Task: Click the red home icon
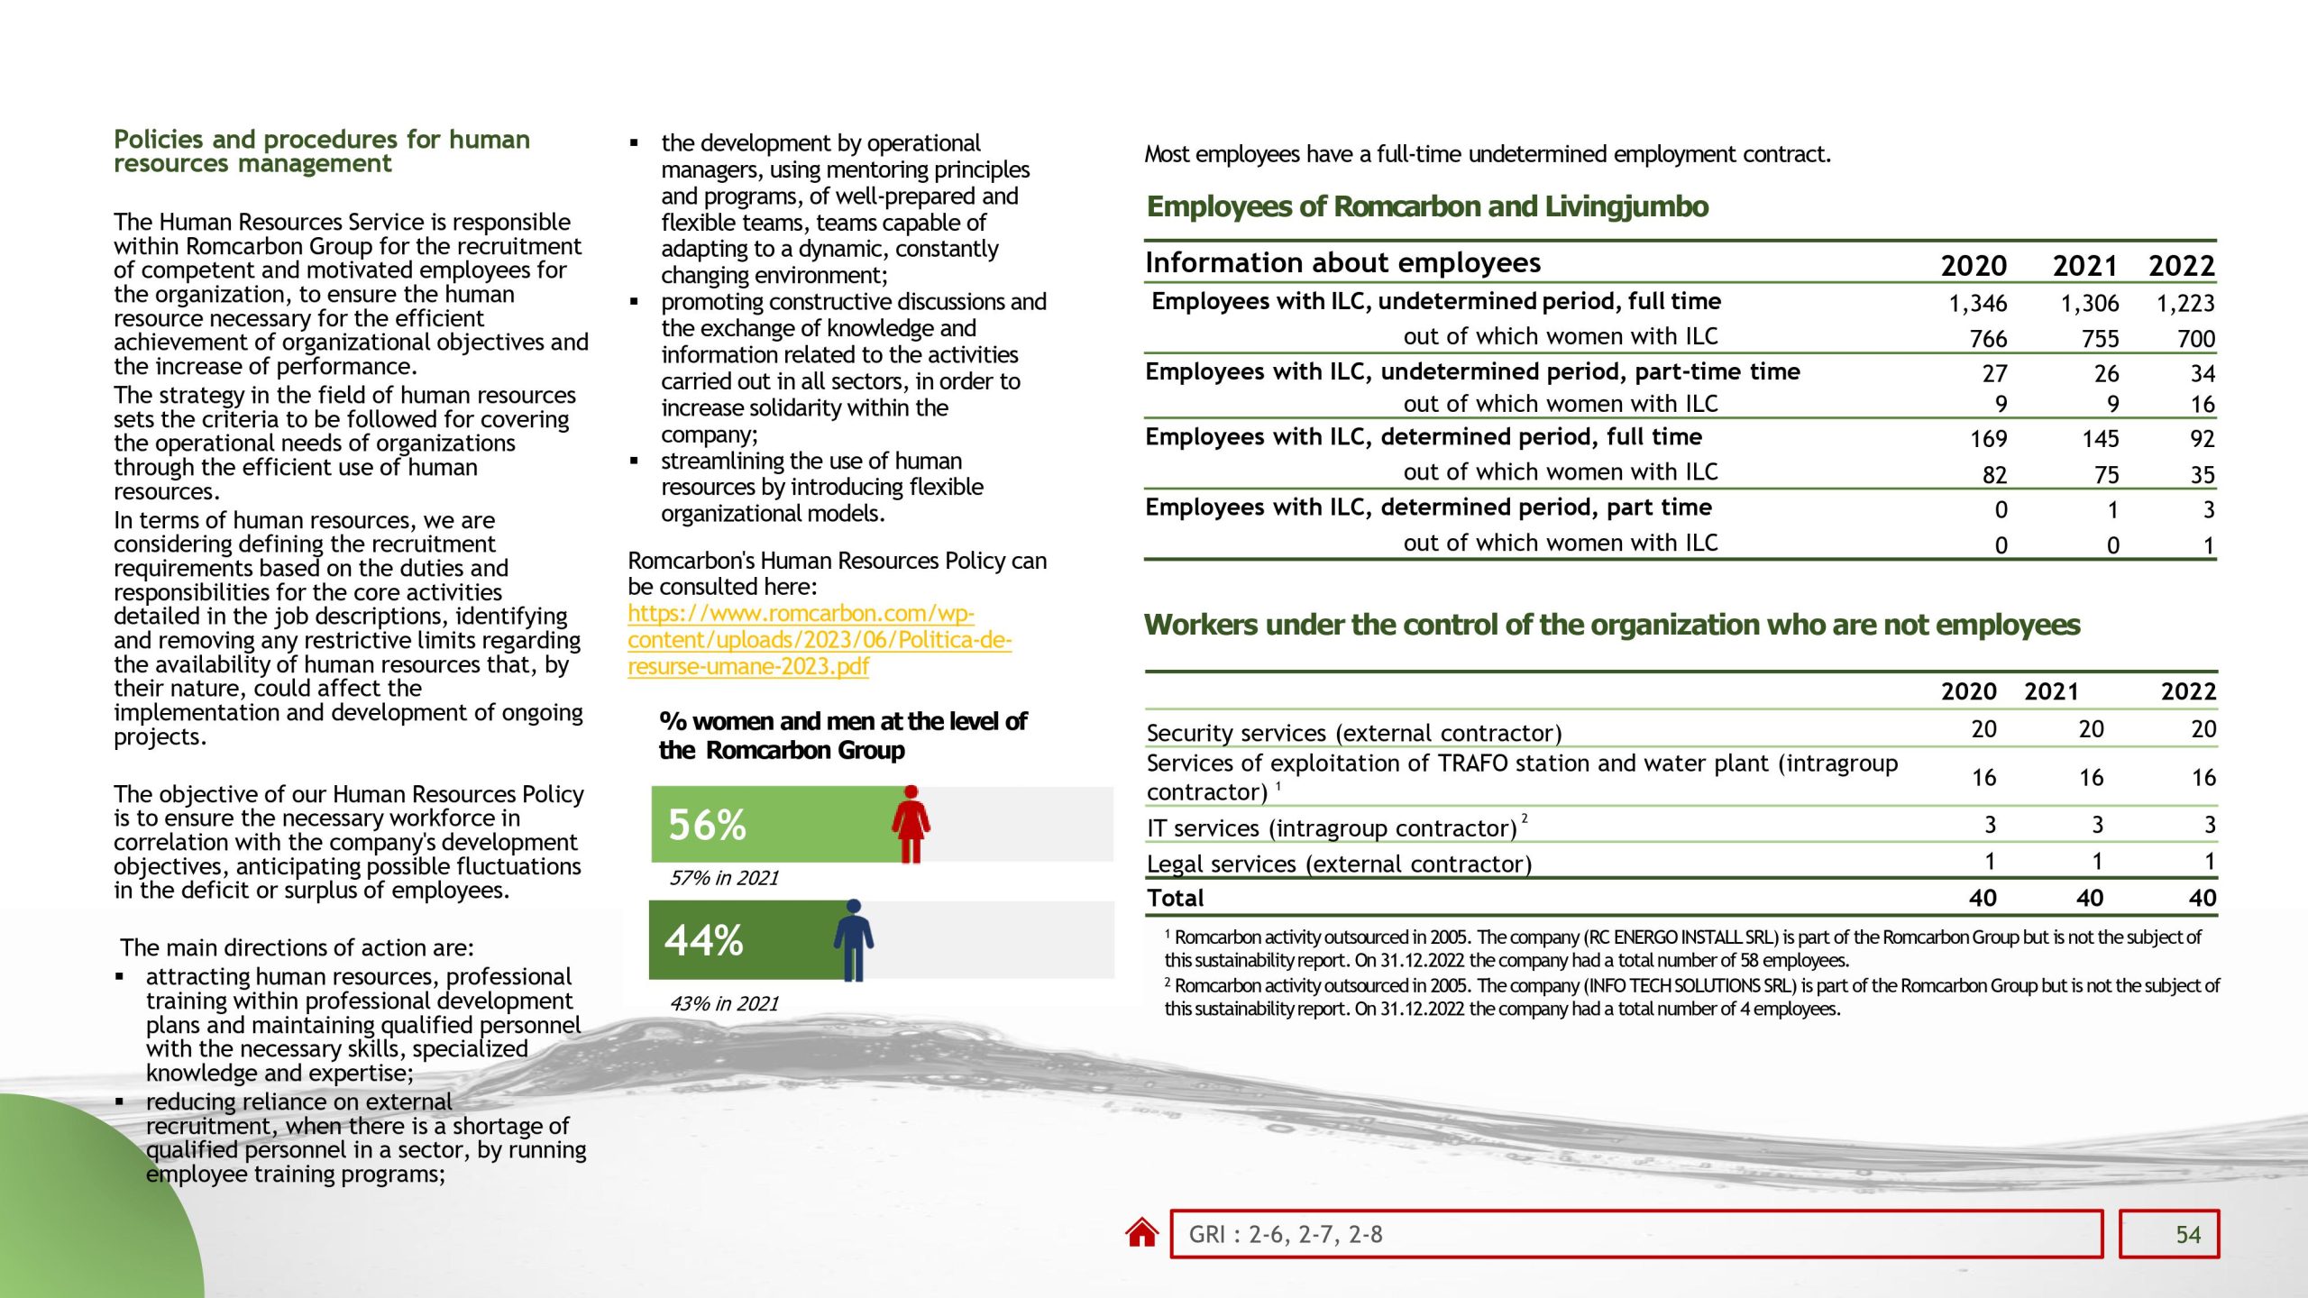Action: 1141,1233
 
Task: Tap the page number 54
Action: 2187,1234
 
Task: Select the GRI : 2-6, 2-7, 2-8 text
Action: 1285,1234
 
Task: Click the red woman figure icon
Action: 911,824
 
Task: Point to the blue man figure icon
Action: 853,939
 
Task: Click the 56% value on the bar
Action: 707,825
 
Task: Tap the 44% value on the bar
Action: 704,940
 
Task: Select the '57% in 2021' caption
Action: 724,878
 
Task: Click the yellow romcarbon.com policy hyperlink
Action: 819,639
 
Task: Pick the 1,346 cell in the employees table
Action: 1977,303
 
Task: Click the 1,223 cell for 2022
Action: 2184,303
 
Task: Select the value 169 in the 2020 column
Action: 1988,439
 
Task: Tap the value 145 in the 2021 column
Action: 2100,439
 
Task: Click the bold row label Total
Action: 1175,898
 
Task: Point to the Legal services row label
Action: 1339,864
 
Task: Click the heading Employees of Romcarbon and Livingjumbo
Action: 1427,206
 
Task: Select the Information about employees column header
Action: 1342,262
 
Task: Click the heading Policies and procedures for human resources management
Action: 321,151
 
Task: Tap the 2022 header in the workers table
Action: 2187,691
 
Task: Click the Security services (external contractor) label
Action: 1353,733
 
